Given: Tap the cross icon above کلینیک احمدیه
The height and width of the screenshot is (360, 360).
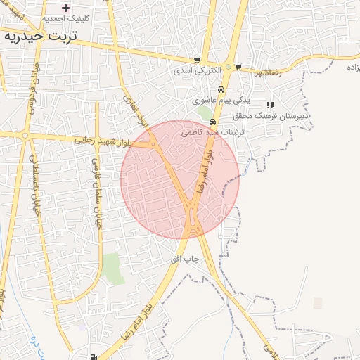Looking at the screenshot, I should pyautogui.click(x=66, y=8).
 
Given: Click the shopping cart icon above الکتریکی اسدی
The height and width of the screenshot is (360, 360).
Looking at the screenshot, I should pyautogui.click(x=197, y=60).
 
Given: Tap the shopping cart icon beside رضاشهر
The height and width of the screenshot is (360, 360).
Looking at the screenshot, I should pyautogui.click(x=239, y=67).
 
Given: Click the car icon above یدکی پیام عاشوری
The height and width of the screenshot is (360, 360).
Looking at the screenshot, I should pyautogui.click(x=221, y=90).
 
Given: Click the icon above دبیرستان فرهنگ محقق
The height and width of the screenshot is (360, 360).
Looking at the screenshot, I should pyautogui.click(x=269, y=105).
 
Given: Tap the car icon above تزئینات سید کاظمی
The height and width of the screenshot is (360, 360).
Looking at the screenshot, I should pyautogui.click(x=223, y=121).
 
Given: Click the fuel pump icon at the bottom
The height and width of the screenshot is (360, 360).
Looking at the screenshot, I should pyautogui.click(x=94, y=356).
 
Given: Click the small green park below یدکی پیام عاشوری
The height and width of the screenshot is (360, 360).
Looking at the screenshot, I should pyautogui.click(x=205, y=112).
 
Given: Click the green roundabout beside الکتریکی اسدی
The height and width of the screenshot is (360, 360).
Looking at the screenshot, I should pyautogui.click(x=228, y=67).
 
